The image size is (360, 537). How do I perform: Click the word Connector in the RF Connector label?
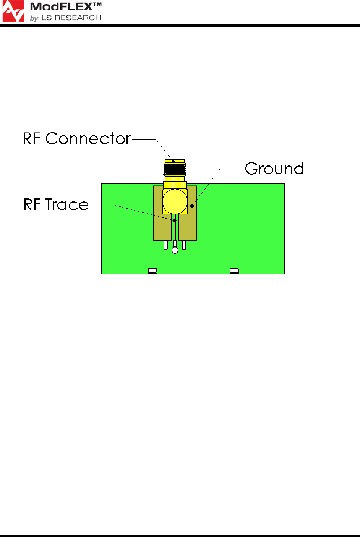click(88, 139)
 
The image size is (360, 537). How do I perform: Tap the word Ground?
click(274, 169)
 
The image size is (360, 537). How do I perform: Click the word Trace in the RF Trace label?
click(67, 204)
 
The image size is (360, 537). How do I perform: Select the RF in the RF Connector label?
click(32, 139)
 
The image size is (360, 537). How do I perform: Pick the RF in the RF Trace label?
click(32, 204)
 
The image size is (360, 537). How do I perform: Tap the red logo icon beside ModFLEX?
click(13, 11)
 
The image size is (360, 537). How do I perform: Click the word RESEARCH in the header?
click(78, 18)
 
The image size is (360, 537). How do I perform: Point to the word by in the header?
click(34, 18)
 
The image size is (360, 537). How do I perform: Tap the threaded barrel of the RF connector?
click(175, 170)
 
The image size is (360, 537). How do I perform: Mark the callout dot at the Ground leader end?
click(192, 206)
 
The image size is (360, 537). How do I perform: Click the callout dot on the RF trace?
click(175, 221)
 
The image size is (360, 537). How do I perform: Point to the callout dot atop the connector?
click(173, 162)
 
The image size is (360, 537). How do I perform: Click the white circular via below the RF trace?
click(175, 250)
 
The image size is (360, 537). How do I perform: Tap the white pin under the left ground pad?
click(166, 245)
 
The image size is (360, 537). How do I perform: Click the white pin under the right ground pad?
click(184, 245)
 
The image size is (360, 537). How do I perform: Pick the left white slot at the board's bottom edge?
click(152, 271)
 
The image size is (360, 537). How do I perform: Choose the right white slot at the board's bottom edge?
click(234, 271)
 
